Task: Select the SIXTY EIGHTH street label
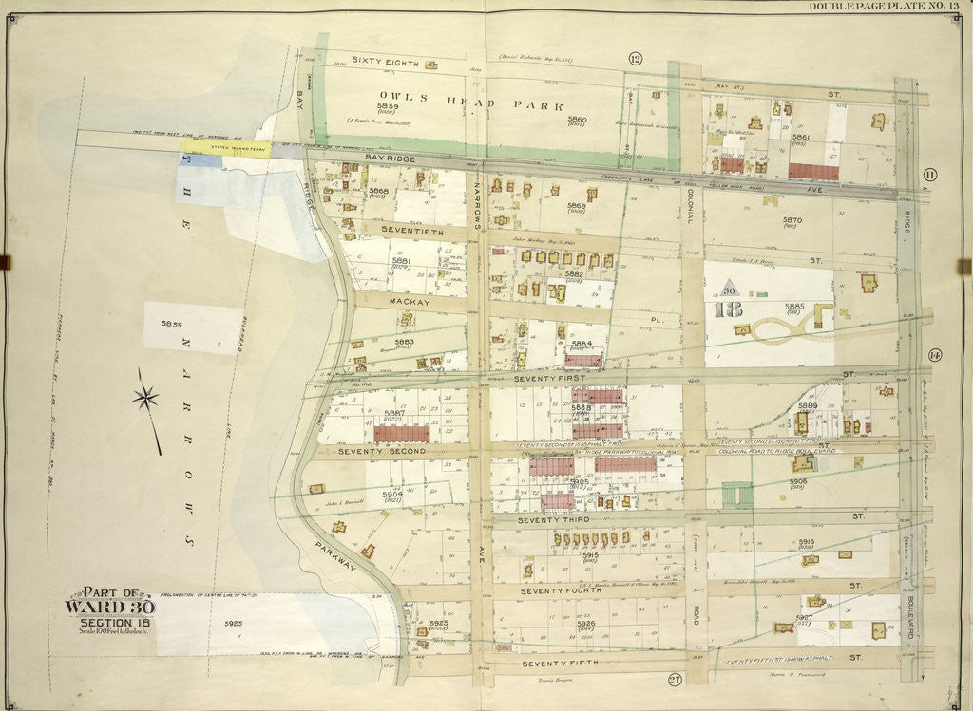click(385, 61)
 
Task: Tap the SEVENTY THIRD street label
click(554, 520)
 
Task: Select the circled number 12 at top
click(635, 59)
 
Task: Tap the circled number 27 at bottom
click(675, 679)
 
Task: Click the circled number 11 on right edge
click(929, 174)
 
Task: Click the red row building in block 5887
click(403, 433)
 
